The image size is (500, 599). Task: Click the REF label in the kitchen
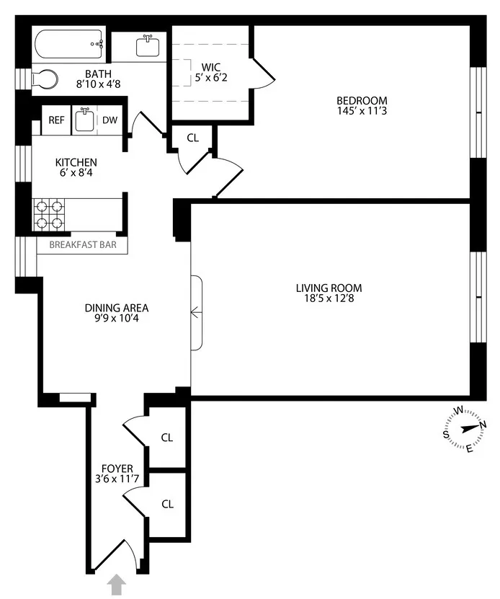point(56,120)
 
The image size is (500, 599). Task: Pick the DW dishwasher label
point(110,120)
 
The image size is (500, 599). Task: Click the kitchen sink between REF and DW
point(84,120)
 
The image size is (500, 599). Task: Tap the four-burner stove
point(50,213)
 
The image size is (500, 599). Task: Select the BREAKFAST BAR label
point(82,244)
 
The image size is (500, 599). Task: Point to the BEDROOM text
point(362,100)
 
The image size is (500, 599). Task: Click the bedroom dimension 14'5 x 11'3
point(362,111)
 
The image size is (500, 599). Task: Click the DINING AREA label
point(116,307)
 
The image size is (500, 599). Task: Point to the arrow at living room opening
point(196,312)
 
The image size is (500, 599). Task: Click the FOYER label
point(117,469)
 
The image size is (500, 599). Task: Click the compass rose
point(465,429)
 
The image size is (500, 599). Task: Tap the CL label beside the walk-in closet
point(192,137)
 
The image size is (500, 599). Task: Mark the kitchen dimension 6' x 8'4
point(76,174)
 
